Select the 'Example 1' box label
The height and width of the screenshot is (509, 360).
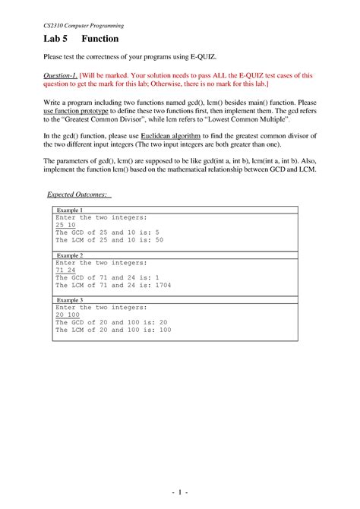coord(69,210)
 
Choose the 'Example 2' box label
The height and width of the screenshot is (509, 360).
coord(69,256)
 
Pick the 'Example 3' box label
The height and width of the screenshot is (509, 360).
coord(69,300)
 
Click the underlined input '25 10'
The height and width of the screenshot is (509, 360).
coord(65,225)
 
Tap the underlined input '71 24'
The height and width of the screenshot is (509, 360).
coord(65,270)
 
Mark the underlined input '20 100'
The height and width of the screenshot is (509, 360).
coord(68,315)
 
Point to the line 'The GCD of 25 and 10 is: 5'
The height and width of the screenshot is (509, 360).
coord(107,232)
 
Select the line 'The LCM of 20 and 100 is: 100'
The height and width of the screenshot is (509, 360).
coord(113,330)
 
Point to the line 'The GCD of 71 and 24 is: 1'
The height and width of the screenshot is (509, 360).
coord(107,278)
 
